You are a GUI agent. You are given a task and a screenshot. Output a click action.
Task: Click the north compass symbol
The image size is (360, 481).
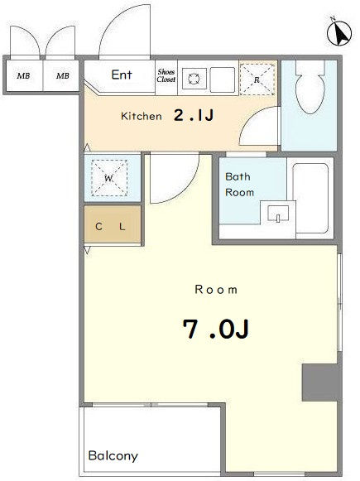click(338, 32)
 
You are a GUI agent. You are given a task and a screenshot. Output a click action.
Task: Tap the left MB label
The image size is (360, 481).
click(24, 75)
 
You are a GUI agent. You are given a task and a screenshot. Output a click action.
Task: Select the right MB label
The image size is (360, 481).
click(63, 75)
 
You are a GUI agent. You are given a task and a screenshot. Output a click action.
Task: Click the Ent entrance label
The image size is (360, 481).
click(122, 75)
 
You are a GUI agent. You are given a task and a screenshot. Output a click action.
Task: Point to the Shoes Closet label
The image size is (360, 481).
click(166, 75)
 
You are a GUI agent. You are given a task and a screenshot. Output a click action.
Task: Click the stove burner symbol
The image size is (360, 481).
click(194, 79)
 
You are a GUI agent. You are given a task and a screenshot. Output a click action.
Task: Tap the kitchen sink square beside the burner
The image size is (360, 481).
click(223, 79)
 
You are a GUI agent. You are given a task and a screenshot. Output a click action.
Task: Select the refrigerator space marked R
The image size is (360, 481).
click(257, 79)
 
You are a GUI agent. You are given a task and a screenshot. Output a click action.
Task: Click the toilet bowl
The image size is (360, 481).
click(310, 88)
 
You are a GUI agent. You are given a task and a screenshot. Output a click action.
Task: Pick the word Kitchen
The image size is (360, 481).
click(142, 116)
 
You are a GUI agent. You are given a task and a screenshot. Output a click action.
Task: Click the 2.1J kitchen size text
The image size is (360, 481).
click(194, 115)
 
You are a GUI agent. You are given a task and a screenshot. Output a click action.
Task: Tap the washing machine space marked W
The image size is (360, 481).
click(109, 178)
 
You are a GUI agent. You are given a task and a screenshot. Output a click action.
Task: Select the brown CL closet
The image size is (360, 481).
click(113, 224)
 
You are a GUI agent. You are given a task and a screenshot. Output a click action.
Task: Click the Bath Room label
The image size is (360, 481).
click(239, 185)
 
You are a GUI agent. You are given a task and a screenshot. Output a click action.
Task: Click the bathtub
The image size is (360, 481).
click(310, 198)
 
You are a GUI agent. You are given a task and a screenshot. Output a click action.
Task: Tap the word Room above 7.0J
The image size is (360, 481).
click(216, 290)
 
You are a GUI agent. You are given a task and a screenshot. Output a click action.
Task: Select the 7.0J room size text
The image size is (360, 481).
click(215, 329)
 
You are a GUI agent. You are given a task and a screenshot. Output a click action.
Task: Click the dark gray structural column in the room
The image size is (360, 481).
click(320, 382)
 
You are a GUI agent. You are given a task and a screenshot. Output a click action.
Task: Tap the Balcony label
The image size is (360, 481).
click(113, 456)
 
